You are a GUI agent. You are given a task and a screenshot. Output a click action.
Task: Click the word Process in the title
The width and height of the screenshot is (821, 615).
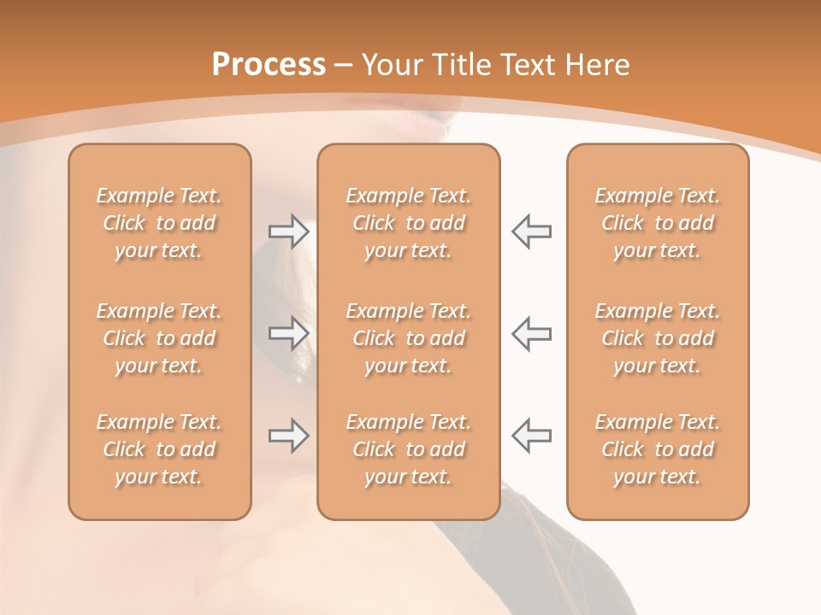click(269, 65)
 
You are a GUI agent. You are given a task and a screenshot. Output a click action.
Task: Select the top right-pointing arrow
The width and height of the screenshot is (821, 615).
click(288, 231)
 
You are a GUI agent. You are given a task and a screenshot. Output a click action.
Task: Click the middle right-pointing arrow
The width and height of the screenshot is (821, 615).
click(288, 333)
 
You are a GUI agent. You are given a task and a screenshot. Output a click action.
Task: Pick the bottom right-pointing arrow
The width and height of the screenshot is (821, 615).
click(288, 436)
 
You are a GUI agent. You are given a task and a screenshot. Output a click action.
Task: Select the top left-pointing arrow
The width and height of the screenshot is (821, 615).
click(531, 231)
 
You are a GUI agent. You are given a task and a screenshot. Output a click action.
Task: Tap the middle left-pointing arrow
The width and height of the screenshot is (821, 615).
click(531, 333)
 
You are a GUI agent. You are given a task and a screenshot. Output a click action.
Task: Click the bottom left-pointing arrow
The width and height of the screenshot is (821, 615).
click(531, 436)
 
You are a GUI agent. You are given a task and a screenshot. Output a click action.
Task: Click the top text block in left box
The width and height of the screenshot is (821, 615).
click(159, 223)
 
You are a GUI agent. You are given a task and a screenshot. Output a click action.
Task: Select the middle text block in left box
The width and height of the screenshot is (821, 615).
click(159, 338)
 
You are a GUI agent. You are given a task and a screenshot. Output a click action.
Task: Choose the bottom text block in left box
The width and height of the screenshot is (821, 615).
click(159, 449)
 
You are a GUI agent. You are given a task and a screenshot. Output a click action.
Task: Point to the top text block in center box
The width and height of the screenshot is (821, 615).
click(408, 223)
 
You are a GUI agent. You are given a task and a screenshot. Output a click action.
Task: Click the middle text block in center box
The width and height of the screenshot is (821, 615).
click(408, 338)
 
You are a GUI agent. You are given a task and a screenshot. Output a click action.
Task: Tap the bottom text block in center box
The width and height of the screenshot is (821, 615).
click(408, 449)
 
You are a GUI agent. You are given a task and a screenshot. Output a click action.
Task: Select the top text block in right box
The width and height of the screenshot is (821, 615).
click(657, 223)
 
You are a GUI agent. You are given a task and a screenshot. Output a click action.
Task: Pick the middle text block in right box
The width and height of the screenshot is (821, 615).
click(657, 338)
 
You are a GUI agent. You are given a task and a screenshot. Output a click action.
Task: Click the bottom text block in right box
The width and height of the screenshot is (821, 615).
click(657, 449)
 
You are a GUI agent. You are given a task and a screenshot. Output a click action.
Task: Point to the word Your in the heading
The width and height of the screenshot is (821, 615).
click(389, 65)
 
